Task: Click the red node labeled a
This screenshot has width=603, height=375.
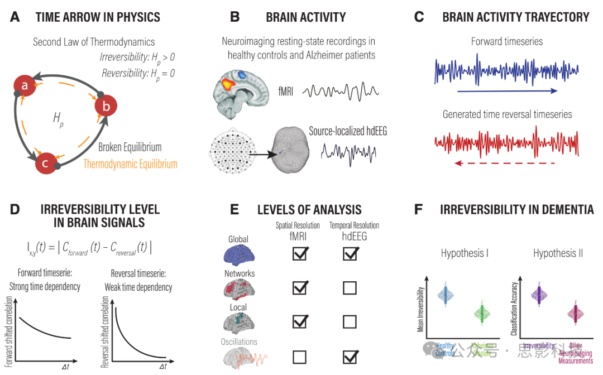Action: pos(24,85)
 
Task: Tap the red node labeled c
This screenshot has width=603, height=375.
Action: pos(45,164)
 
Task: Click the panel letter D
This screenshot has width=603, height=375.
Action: pos(15,210)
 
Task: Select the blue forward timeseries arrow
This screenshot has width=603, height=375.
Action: pos(507,90)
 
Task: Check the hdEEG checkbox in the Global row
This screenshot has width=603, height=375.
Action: pos(350,253)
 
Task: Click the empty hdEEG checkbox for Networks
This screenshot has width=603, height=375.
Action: pos(350,288)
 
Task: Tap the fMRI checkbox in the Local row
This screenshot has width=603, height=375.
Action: pos(300,321)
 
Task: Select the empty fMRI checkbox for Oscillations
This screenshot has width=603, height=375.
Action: pos(300,356)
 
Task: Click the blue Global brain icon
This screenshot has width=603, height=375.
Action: pos(238,254)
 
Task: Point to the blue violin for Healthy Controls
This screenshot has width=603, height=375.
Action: pos(445,294)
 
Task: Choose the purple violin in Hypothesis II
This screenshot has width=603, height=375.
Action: pos(539,293)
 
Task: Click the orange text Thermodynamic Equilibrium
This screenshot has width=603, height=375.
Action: pos(130,164)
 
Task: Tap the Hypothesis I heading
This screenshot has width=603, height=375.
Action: pos(465,253)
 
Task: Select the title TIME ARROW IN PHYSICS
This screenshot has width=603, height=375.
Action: pos(98,17)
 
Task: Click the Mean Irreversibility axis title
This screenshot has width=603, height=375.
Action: pos(420,310)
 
